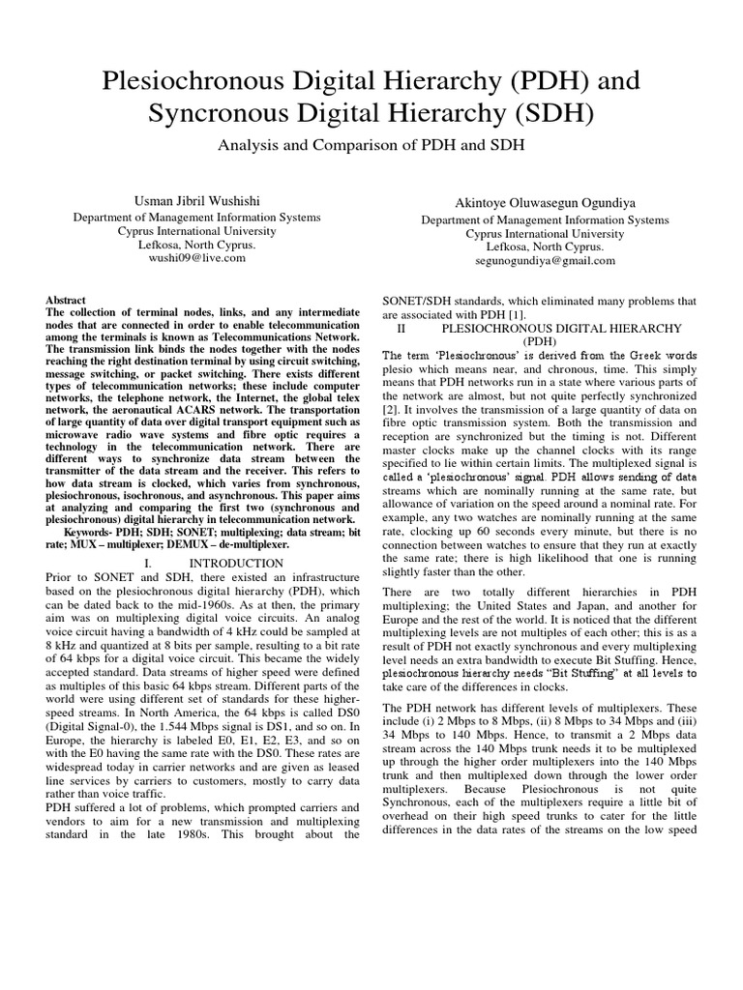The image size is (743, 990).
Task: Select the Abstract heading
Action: [66, 301]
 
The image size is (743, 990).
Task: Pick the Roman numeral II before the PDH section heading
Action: [401, 329]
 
